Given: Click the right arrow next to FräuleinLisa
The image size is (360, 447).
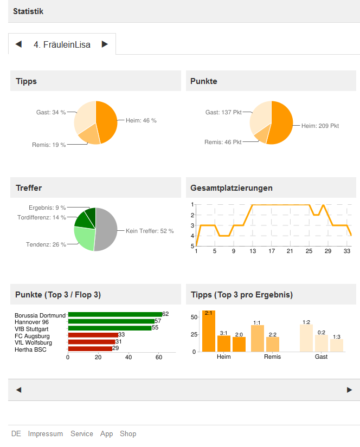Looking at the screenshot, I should pyautogui.click(x=105, y=44).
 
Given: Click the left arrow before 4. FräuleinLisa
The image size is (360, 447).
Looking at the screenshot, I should pyautogui.click(x=18, y=44).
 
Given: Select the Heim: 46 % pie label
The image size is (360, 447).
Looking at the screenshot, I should pyautogui.click(x=141, y=121).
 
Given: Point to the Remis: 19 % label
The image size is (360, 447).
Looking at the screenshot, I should pyautogui.click(x=49, y=145).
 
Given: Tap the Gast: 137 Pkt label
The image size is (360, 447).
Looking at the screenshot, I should pyautogui.click(x=223, y=113).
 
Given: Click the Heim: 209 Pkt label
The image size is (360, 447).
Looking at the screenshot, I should pyautogui.click(x=320, y=126).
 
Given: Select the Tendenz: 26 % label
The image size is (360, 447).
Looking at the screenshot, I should pyautogui.click(x=46, y=244).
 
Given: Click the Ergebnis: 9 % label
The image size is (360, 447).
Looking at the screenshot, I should pyautogui.click(x=47, y=208).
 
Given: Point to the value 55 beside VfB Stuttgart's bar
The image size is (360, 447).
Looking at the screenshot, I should pyautogui.click(x=155, y=328).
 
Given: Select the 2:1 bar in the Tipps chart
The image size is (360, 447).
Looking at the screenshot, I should pyautogui.click(x=209, y=332).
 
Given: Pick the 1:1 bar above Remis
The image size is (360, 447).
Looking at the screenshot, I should pyautogui.click(x=258, y=338).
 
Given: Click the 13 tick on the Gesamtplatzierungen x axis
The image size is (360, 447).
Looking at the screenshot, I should pyautogui.click(x=253, y=251).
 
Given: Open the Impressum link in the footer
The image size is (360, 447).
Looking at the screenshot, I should pyautogui.click(x=46, y=434).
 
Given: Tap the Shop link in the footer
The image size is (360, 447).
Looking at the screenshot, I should pyautogui.click(x=128, y=434).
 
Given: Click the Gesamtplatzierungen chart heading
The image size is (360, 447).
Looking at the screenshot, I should pyautogui.click(x=232, y=188).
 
